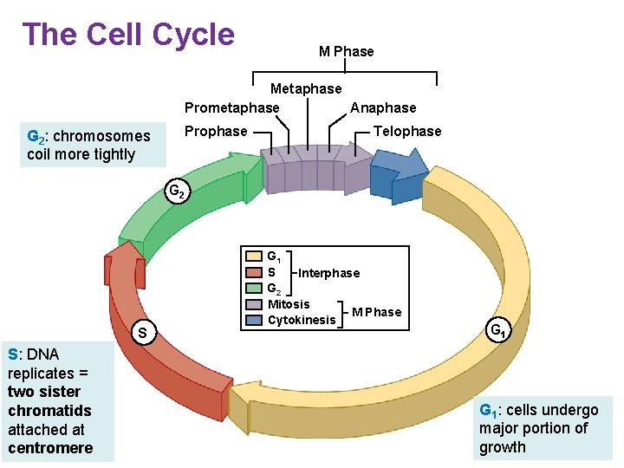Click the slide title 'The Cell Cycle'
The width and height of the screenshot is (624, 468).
(128, 35)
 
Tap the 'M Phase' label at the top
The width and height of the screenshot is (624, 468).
(346, 51)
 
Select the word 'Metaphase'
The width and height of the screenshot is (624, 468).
(306, 88)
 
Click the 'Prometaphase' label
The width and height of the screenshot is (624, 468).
(231, 107)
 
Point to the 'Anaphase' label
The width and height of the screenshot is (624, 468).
(383, 107)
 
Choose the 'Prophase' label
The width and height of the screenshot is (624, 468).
(216, 131)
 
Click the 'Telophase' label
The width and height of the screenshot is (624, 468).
(406, 131)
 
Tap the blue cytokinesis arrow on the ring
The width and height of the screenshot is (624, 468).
(399, 173)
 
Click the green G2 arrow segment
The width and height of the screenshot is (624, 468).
(186, 199)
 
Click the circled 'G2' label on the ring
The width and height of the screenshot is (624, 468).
(175, 192)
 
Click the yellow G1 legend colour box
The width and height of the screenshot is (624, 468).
(254, 257)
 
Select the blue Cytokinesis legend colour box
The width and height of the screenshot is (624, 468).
(254, 320)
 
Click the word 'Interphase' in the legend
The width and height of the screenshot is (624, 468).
(328, 273)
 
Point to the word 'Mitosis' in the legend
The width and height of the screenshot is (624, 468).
(289, 304)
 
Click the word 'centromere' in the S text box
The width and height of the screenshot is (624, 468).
(50, 448)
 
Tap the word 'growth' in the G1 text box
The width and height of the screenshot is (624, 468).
(503, 447)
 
